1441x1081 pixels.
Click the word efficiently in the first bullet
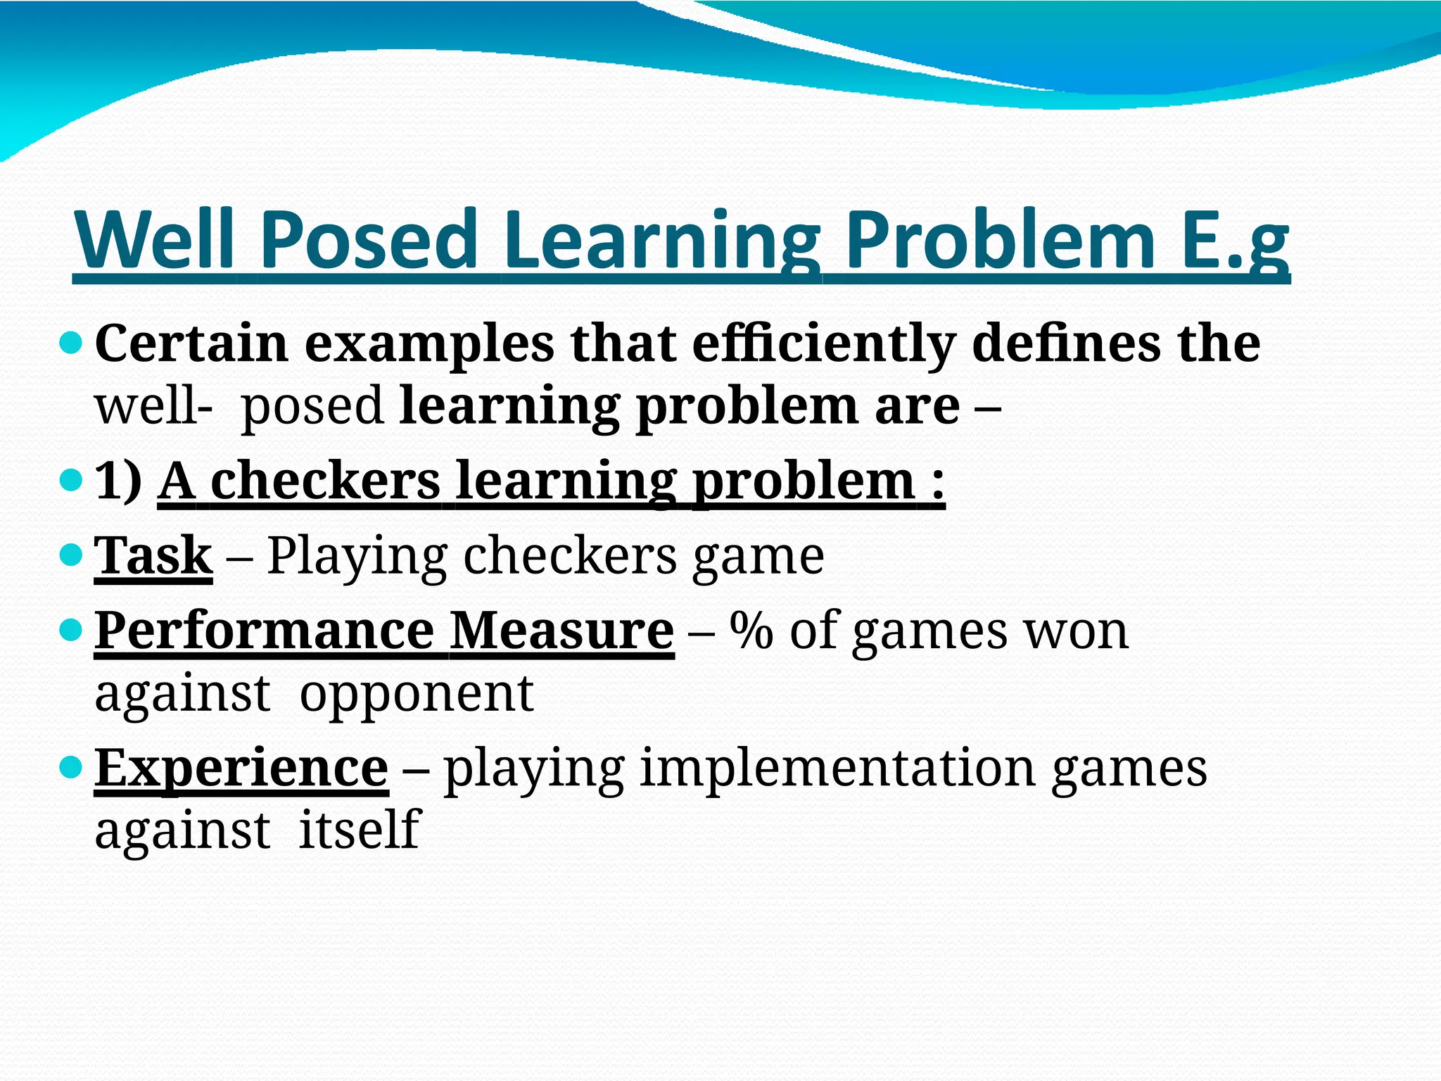pyautogui.click(x=823, y=345)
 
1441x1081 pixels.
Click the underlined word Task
pyautogui.click(x=153, y=556)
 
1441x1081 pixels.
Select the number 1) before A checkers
pyautogui.click(x=118, y=482)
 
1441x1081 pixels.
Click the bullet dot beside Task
pyautogui.click(x=72, y=556)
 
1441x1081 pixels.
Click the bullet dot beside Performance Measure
pyautogui.click(x=72, y=629)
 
